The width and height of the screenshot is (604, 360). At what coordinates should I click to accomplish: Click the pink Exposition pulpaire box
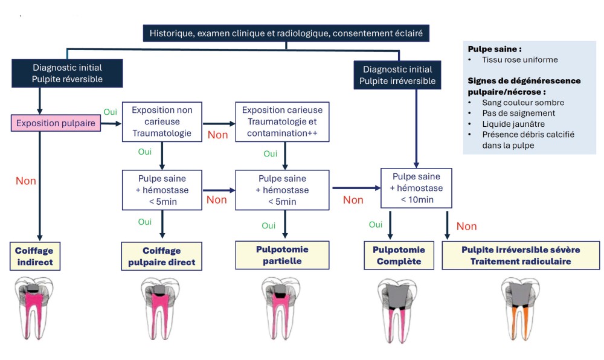click(56, 124)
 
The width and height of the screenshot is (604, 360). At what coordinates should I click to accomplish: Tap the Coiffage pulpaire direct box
click(161, 256)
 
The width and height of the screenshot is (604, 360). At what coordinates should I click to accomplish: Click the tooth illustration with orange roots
click(518, 310)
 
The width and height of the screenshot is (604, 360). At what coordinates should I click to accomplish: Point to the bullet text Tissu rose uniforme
click(519, 60)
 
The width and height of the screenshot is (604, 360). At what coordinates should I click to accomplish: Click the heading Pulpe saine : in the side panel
click(495, 49)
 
